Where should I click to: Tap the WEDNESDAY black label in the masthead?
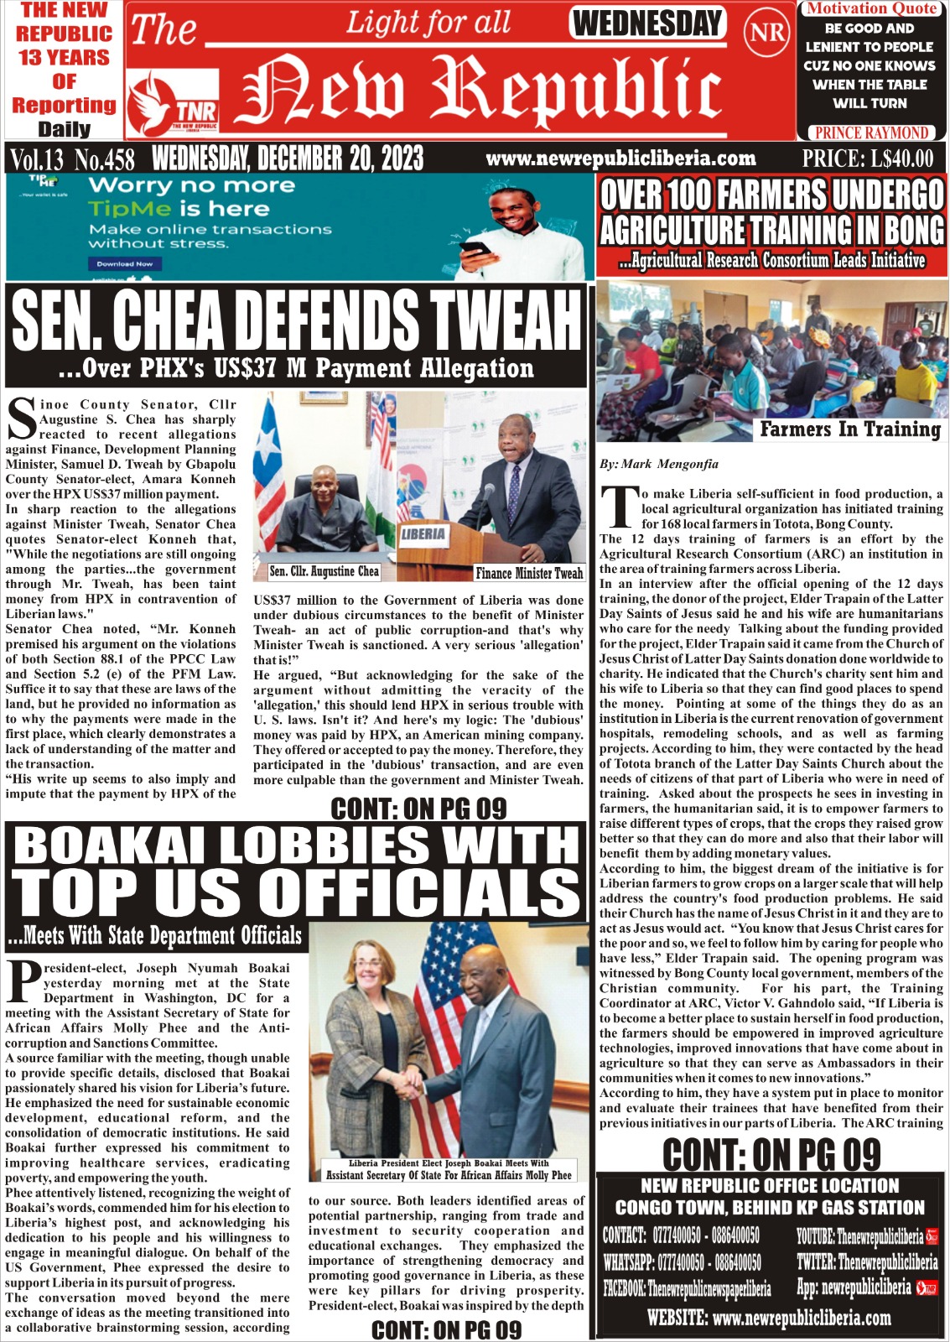(647, 23)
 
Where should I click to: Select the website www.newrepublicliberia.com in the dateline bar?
(620, 158)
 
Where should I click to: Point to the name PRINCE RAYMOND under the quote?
(871, 132)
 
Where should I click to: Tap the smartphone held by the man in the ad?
(475, 248)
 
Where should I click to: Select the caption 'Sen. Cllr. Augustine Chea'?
(324, 571)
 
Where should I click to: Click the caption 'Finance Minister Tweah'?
(528, 574)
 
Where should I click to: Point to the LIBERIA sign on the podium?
(423, 533)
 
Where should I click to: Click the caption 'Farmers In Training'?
(849, 429)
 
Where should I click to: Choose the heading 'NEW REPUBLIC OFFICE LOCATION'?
(769, 1185)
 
